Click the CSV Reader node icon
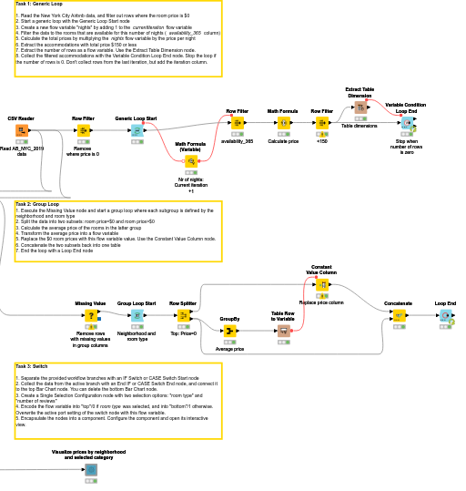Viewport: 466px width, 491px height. click(x=21, y=131)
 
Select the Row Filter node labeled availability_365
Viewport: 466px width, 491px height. click(x=238, y=123)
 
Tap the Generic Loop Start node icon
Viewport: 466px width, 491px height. click(x=136, y=131)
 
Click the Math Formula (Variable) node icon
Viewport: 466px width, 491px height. click(x=191, y=161)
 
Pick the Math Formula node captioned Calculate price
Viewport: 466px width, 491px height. click(x=283, y=123)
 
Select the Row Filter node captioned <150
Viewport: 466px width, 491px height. click(x=322, y=123)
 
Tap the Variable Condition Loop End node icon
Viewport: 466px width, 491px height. click(x=407, y=123)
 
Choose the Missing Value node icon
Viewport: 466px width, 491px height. click(x=91, y=315)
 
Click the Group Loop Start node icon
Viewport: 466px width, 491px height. click(x=137, y=315)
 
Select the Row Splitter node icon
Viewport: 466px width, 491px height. click(x=183, y=315)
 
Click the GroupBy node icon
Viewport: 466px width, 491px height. click(x=229, y=331)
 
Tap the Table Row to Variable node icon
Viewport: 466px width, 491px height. click(x=283, y=331)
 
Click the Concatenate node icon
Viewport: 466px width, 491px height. click(x=398, y=315)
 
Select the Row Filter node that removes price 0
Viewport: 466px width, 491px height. click(x=84, y=131)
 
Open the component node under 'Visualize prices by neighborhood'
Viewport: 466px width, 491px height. click(x=91, y=470)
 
